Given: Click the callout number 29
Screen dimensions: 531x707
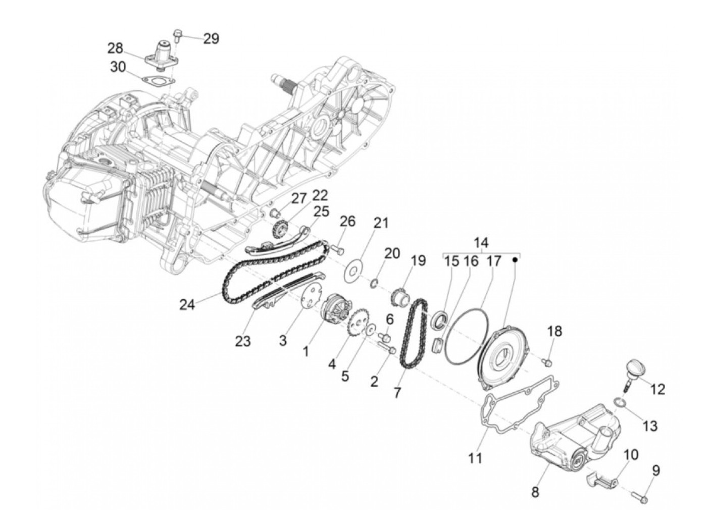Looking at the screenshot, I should coord(211,38).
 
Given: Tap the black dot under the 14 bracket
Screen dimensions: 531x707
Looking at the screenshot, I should coord(516,260).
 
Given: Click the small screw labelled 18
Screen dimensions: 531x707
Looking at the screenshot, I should coord(548,361).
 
